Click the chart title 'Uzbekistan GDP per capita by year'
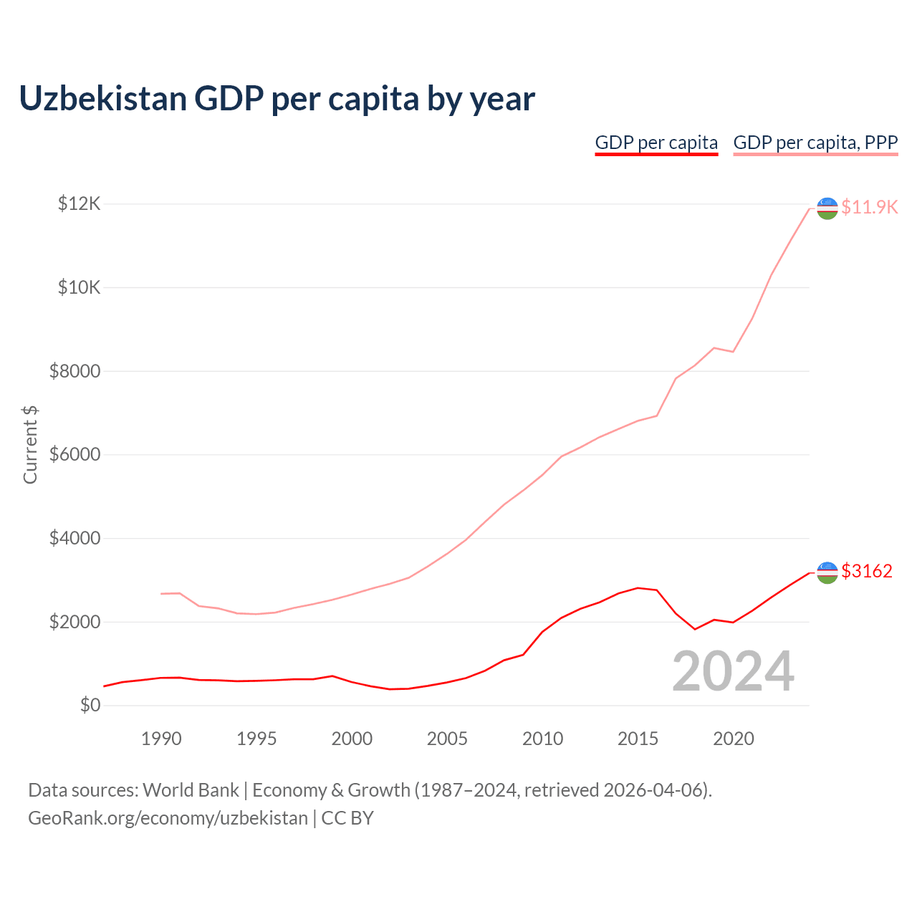(x=277, y=99)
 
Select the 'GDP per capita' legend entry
(x=656, y=143)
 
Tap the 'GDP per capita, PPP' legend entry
(x=815, y=143)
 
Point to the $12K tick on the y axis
(x=79, y=204)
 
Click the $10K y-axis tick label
(x=79, y=288)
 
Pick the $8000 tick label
(x=75, y=371)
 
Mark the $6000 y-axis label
(x=75, y=455)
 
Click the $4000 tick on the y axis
(x=75, y=538)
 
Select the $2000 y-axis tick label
(x=75, y=622)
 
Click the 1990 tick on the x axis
(x=161, y=739)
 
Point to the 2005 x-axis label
(x=447, y=739)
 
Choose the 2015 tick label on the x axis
(x=638, y=739)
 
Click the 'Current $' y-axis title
(x=30, y=445)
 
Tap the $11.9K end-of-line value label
(x=869, y=207)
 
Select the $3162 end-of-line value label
(x=867, y=571)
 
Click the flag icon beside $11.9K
(x=827, y=208)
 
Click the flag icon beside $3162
(x=827, y=572)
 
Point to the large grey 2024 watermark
(x=733, y=671)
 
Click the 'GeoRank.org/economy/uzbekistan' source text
(x=168, y=818)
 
